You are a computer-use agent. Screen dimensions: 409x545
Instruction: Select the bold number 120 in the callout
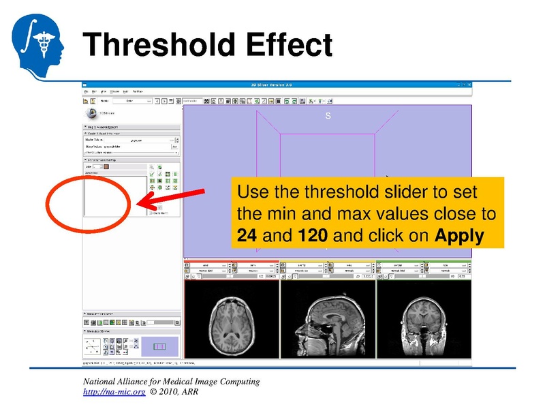click(313, 237)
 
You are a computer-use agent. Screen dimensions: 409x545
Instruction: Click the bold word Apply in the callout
click(459, 237)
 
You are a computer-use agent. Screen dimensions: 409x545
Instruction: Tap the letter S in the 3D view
click(328, 116)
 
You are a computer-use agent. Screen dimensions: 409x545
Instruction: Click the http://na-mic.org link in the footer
click(114, 393)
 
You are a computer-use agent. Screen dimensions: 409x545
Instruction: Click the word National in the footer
click(101, 382)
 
